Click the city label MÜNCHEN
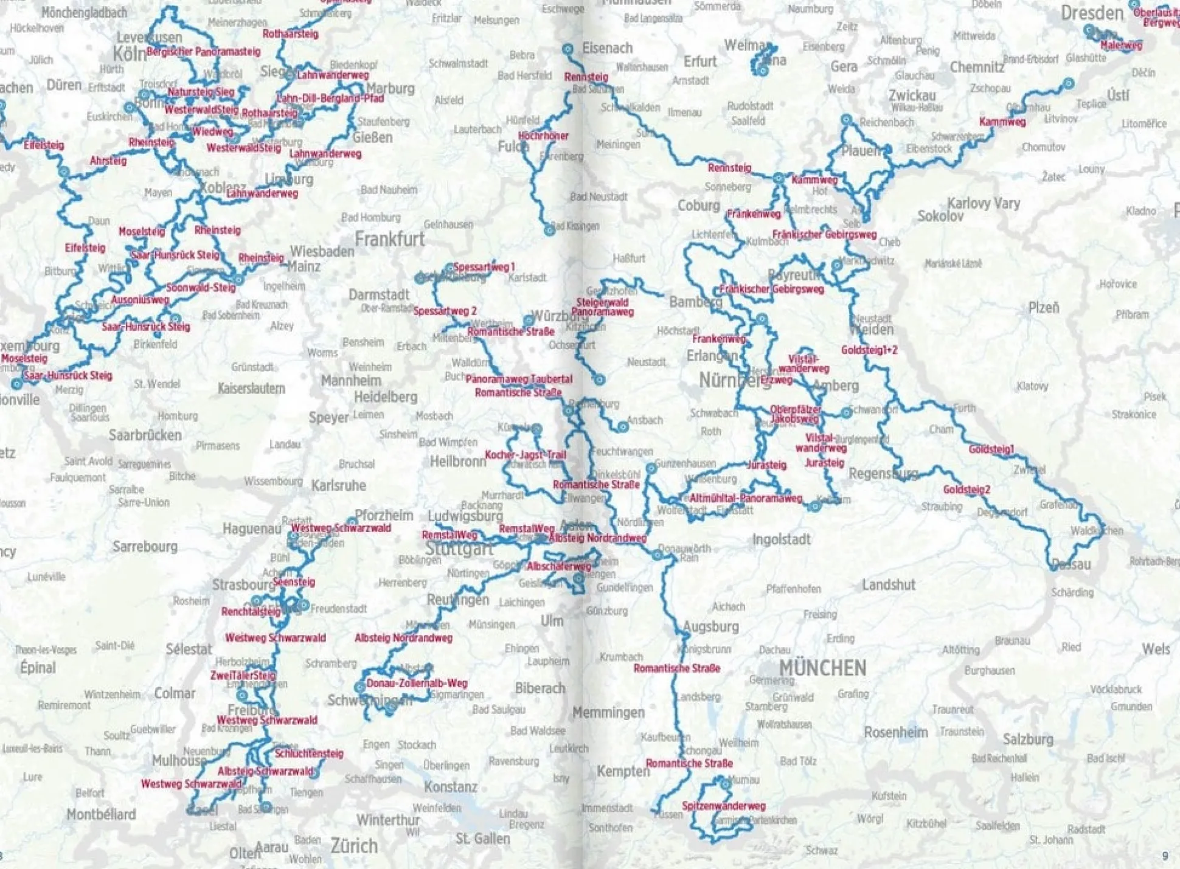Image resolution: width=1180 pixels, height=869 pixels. pyautogui.click(x=822, y=668)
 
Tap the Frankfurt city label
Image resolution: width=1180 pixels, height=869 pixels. pyautogui.click(x=389, y=239)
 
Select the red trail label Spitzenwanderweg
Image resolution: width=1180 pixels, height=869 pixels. pyautogui.click(x=723, y=806)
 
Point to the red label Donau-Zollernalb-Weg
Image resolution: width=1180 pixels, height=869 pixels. pyautogui.click(x=417, y=683)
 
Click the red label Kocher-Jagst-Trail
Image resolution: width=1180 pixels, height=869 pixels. pyautogui.click(x=525, y=455)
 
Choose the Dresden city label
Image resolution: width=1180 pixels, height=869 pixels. pyautogui.click(x=1092, y=13)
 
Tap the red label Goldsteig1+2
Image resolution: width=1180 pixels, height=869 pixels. pyautogui.click(x=869, y=350)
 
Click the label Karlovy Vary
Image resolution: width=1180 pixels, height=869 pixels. pyautogui.click(x=984, y=203)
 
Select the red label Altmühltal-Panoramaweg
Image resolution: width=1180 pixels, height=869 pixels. pyautogui.click(x=746, y=498)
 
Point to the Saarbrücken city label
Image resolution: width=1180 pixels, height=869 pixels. pyautogui.click(x=145, y=435)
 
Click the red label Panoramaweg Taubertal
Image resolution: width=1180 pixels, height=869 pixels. pyautogui.click(x=519, y=379)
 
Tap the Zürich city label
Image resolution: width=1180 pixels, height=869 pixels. pyautogui.click(x=354, y=845)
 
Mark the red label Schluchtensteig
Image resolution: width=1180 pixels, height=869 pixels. pyautogui.click(x=309, y=753)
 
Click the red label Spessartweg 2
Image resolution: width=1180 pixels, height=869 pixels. pyautogui.click(x=445, y=311)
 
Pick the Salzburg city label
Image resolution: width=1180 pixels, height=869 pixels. pyautogui.click(x=1027, y=739)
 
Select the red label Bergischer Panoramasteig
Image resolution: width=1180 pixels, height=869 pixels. pyautogui.click(x=203, y=52)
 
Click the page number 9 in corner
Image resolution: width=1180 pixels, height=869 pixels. pyautogui.click(x=1165, y=856)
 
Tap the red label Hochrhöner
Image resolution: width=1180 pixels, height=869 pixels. pyautogui.click(x=543, y=136)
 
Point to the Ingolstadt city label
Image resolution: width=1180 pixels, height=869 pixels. pyautogui.click(x=781, y=539)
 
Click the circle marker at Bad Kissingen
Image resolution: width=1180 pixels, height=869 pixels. pyautogui.click(x=549, y=230)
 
